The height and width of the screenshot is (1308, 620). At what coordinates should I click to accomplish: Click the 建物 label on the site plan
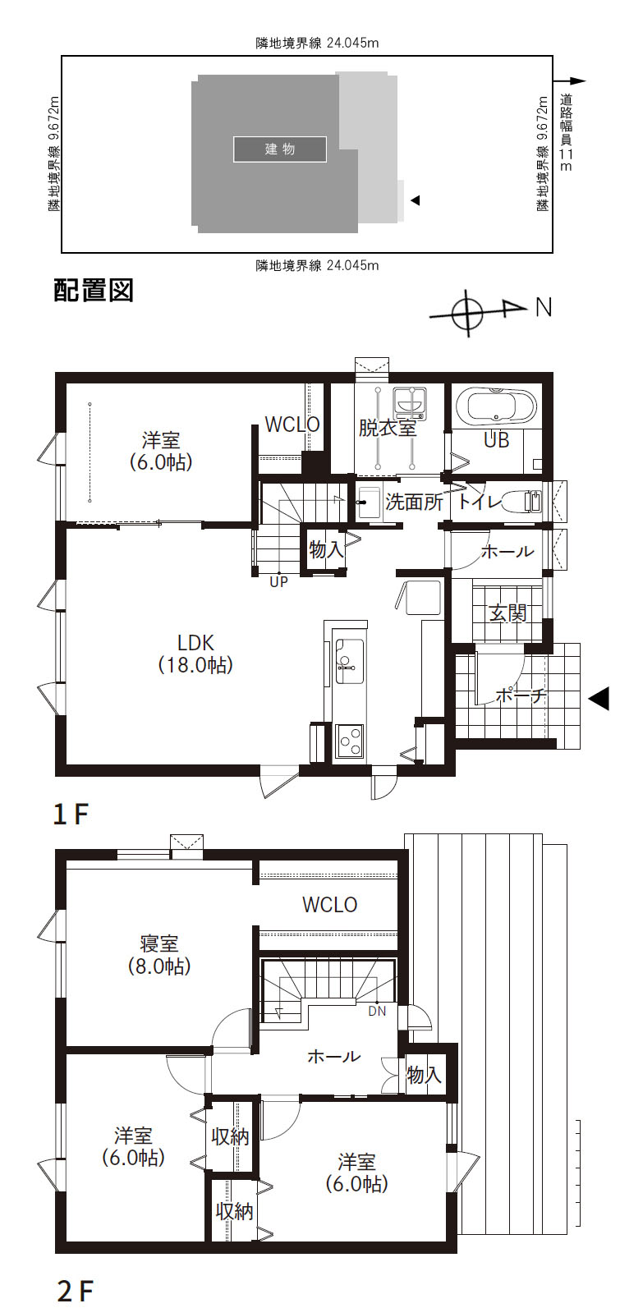280,149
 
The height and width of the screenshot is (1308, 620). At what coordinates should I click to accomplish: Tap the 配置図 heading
93,291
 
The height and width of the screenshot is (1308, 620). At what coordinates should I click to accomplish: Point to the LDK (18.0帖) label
195,653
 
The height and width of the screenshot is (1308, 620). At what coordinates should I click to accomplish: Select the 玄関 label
507,612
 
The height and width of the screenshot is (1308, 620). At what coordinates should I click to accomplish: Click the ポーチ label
521,695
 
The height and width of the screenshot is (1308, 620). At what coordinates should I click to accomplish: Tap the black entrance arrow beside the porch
599,698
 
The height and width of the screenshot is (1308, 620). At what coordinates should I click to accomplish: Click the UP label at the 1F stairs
278,582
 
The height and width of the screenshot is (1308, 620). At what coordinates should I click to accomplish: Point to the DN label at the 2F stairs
376,1011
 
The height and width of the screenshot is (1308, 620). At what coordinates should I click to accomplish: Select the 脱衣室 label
387,427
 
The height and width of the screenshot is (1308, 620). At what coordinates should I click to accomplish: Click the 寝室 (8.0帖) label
159,955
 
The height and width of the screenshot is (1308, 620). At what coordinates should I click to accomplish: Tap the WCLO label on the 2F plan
329,905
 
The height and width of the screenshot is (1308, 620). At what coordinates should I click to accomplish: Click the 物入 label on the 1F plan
327,549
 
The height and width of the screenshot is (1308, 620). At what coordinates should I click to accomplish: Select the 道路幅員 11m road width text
565,131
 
